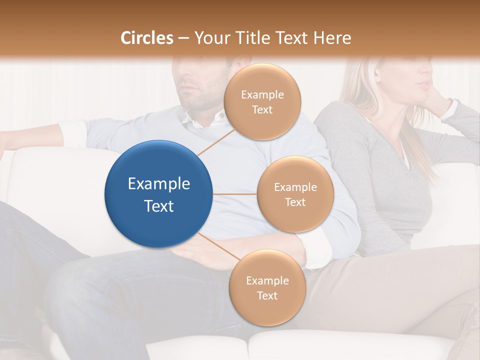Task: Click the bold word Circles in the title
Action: point(147,38)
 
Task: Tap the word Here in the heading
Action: point(332,38)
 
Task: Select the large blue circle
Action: point(158,194)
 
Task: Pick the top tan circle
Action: point(261,102)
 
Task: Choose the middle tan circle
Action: point(295,194)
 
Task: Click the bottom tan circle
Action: point(267,288)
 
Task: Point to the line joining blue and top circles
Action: point(215,142)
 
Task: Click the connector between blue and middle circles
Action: point(234,194)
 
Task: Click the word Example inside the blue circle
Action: point(158,184)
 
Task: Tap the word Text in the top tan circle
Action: point(262,110)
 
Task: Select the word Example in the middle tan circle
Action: point(295,187)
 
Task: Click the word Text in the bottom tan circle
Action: point(267,295)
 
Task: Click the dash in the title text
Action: point(183,38)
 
